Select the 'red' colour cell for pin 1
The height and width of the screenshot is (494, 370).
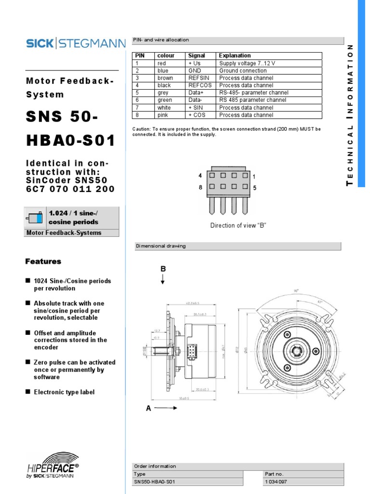(161, 63)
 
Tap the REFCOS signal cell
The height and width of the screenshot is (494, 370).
(199, 85)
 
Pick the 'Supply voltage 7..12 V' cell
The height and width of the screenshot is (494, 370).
(247, 63)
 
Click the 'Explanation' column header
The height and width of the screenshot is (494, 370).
(235, 55)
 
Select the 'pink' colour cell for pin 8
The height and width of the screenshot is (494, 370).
(163, 115)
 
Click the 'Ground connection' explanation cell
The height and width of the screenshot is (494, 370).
(243, 70)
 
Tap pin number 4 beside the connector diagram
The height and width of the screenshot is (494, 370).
(200, 176)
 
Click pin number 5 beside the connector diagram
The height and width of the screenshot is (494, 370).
(254, 187)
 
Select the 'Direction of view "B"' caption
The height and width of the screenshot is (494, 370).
(238, 225)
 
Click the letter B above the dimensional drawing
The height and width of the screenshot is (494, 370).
(163, 269)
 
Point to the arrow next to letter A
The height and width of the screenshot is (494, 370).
(167, 408)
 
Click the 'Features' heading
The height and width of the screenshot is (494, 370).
(43, 261)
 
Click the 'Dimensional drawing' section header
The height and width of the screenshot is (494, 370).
(160, 246)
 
